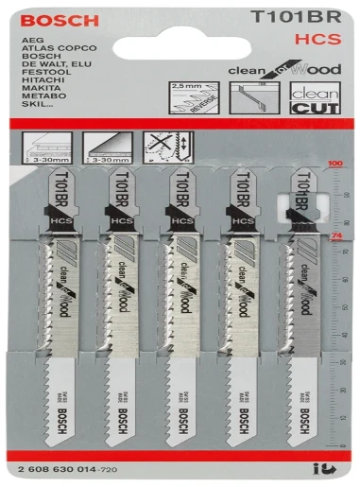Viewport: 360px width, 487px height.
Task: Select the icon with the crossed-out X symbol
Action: [160, 149]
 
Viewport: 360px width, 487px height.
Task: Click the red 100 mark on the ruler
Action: [332, 164]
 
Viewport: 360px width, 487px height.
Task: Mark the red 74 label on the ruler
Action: [332, 233]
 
